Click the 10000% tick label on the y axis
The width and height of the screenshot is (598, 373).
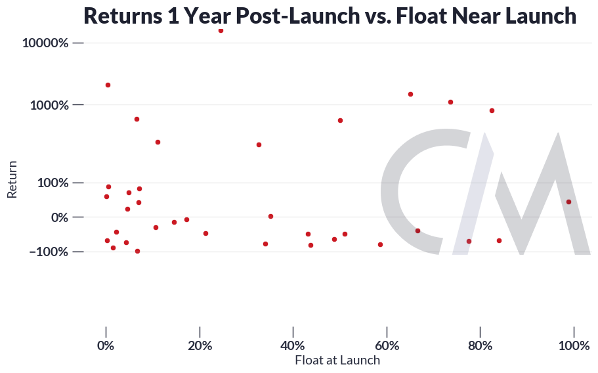pos(45,43)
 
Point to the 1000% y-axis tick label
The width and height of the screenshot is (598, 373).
pos(50,105)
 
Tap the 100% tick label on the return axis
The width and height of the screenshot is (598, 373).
pos(53,183)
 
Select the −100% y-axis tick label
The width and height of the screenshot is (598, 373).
pos(49,252)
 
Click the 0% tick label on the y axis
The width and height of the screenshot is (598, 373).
pos(60,217)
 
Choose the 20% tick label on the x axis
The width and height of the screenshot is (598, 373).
pos(200,345)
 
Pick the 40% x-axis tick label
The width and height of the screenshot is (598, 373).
pos(293,345)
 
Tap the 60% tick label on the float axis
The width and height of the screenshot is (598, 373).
pos(387,345)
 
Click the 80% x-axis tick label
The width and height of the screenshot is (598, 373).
pos(480,345)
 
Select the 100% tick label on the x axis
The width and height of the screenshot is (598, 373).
pos(574,345)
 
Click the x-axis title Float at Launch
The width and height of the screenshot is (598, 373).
pos(337,360)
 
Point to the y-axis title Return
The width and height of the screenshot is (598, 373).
pos(12,179)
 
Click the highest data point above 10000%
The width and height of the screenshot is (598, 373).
pos(221,30)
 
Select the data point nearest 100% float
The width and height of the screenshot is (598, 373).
pos(568,202)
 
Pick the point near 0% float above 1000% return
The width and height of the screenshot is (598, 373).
pos(108,85)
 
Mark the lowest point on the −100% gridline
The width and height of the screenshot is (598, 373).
pos(138,252)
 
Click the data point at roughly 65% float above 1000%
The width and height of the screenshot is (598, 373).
pos(411,94)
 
